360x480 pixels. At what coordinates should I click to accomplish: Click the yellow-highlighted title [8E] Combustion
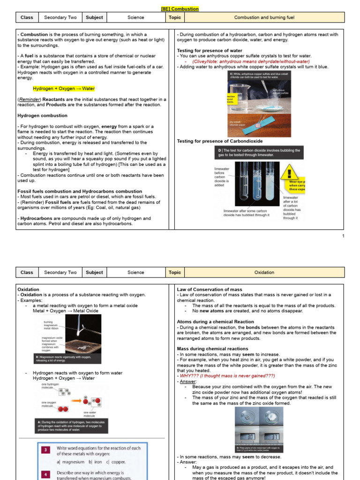(180, 8)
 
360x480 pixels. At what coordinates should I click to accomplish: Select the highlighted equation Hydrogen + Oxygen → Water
(64, 89)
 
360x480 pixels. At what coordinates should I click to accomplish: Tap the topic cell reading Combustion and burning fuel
(264, 17)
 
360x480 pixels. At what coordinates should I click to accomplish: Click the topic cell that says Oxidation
(264, 272)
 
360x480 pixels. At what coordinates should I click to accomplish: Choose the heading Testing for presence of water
(210, 51)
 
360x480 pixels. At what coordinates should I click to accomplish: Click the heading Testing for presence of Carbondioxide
(220, 141)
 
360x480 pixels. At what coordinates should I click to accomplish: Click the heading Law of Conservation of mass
(210, 290)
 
